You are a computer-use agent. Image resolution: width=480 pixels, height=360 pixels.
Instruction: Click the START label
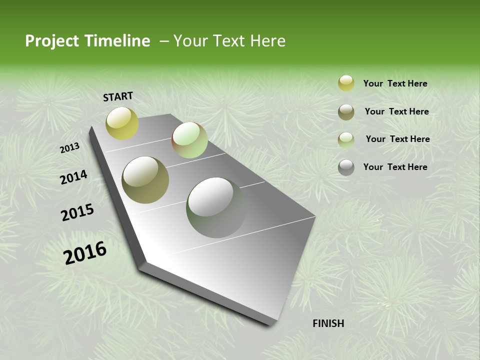click(x=118, y=96)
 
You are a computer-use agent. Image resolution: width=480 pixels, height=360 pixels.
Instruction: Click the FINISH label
click(x=328, y=323)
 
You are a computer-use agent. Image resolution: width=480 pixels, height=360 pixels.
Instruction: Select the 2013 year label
click(x=70, y=148)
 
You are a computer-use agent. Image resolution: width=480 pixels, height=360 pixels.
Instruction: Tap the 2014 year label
click(x=73, y=177)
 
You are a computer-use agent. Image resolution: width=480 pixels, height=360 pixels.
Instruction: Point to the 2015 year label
click(x=77, y=212)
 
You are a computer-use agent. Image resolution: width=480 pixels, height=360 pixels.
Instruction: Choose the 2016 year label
click(x=85, y=252)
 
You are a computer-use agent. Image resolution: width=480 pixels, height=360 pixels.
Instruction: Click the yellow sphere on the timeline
click(x=122, y=123)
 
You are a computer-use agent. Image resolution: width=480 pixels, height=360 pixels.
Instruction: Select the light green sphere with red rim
click(x=189, y=140)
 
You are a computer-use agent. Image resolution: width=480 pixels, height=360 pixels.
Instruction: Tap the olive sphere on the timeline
click(x=145, y=180)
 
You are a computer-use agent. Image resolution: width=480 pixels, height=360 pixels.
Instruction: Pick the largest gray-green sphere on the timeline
click(x=216, y=207)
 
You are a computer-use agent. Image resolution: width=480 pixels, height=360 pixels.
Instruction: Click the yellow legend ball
click(x=346, y=83)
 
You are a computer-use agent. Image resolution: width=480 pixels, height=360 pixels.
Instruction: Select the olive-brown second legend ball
click(x=346, y=112)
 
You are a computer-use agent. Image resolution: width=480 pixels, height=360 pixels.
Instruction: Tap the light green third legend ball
click(x=346, y=140)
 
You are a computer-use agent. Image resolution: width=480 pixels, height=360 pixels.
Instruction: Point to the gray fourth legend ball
click(x=346, y=167)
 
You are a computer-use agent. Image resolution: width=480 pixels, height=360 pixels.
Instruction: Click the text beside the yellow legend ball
click(x=395, y=83)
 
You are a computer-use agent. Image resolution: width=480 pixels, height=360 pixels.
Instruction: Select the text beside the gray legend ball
click(x=395, y=167)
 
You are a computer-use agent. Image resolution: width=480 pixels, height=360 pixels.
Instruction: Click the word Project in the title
click(x=52, y=41)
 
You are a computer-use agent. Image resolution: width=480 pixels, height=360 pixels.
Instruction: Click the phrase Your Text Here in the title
click(x=229, y=41)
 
